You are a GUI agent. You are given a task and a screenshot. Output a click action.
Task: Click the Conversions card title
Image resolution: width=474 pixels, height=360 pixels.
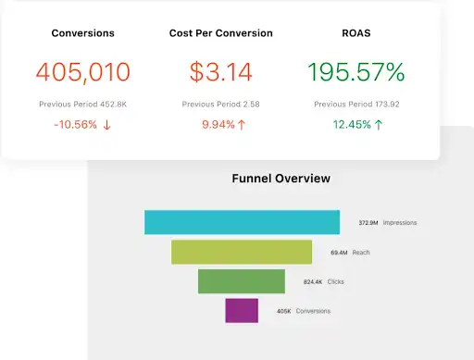(x=83, y=33)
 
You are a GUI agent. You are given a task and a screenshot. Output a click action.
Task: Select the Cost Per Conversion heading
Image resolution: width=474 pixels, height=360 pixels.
(x=221, y=33)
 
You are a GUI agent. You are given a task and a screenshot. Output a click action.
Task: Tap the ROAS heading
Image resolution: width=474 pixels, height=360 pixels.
(x=357, y=33)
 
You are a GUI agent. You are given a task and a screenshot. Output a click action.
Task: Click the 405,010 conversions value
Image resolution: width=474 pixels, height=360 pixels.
(x=83, y=71)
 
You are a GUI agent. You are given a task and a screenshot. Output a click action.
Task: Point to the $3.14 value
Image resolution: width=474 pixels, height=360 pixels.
(x=221, y=71)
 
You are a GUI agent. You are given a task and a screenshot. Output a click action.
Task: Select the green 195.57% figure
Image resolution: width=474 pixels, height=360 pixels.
(x=357, y=71)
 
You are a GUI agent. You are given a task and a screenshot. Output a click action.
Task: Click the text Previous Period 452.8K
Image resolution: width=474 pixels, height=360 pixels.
(x=83, y=105)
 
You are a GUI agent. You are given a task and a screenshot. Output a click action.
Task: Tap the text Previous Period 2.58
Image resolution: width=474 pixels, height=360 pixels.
(x=221, y=105)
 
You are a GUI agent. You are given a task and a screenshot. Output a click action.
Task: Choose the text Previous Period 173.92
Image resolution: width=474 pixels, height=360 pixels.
(x=357, y=105)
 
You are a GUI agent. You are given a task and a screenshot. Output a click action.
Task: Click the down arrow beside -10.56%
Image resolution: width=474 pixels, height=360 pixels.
(x=106, y=125)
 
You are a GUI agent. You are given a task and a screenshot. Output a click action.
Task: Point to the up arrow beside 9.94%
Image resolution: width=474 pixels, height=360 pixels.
(x=242, y=125)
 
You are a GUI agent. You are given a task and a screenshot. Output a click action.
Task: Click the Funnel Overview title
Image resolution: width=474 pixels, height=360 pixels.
(x=281, y=179)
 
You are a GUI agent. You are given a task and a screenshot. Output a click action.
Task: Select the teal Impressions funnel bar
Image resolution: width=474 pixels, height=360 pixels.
(x=243, y=222)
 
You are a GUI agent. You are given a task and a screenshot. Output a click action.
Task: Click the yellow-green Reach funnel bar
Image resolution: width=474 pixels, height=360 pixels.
(x=243, y=252)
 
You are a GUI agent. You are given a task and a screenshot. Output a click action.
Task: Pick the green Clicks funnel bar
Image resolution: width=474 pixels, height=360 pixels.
(x=243, y=281)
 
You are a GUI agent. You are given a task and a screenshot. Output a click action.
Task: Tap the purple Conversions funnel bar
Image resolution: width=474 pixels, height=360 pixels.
(x=241, y=311)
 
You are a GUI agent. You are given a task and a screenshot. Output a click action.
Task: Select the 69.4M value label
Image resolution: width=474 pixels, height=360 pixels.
(x=339, y=252)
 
